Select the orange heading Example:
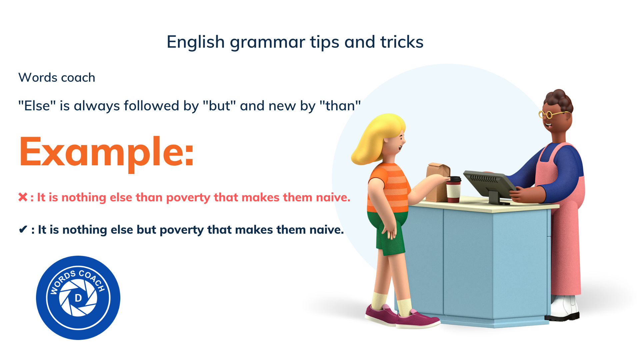(x=107, y=152)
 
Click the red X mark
(x=23, y=197)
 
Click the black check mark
(x=23, y=229)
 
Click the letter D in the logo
(x=78, y=298)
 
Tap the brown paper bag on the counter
(x=438, y=183)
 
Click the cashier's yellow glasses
(x=552, y=114)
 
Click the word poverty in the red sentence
(x=188, y=198)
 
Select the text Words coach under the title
(x=57, y=77)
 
